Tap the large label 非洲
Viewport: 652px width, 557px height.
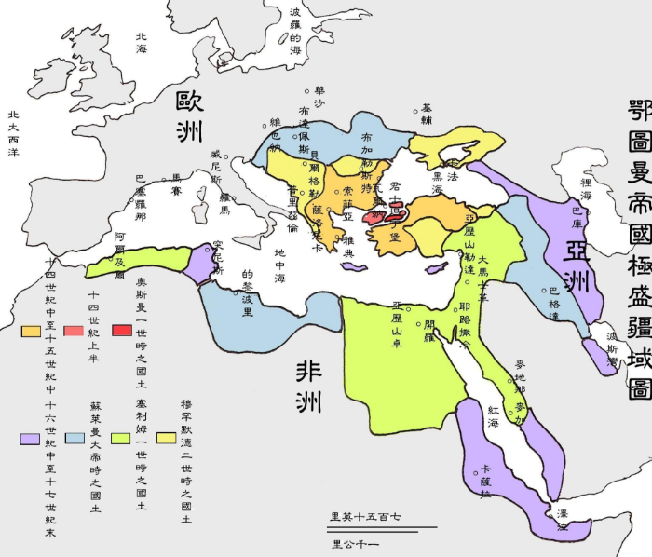(x=308, y=386)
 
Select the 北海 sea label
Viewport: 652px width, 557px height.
(x=142, y=43)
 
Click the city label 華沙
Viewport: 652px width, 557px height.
(x=319, y=98)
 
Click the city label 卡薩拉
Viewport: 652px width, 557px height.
(x=484, y=479)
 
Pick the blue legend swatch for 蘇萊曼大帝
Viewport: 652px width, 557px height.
(x=72, y=437)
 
